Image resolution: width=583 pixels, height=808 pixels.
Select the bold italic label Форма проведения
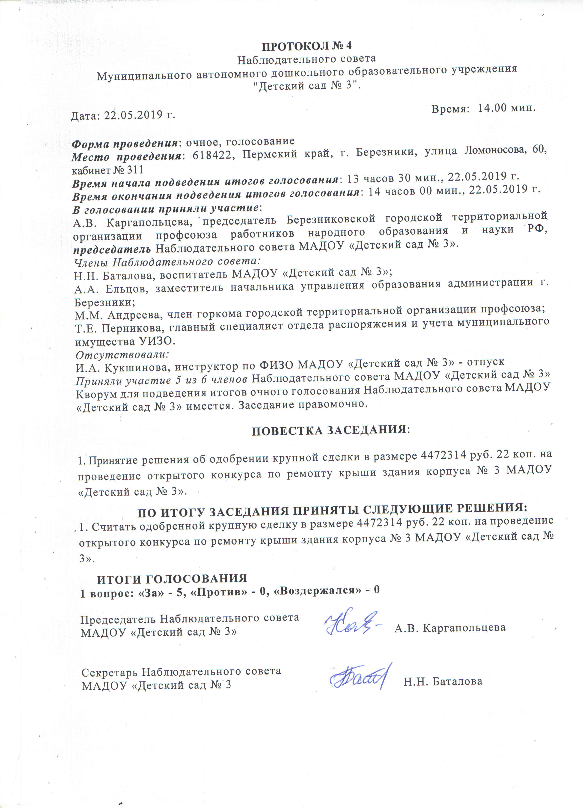pos(125,144)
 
